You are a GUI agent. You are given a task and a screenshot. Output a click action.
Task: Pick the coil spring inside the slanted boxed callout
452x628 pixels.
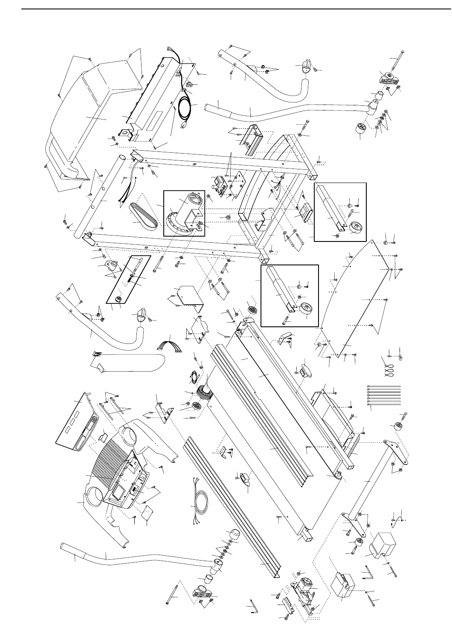point(130,277)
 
